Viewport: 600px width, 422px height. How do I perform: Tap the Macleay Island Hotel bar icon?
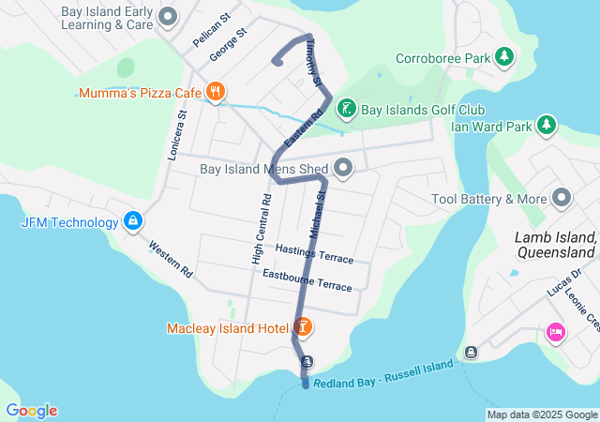click(303, 327)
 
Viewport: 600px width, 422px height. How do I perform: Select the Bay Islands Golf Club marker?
click(346, 109)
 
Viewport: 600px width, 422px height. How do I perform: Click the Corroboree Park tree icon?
click(505, 57)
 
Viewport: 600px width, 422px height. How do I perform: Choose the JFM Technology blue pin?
click(133, 221)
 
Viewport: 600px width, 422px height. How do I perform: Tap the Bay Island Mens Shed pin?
click(343, 169)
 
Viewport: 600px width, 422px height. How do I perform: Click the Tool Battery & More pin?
click(562, 198)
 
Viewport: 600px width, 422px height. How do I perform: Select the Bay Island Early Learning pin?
click(168, 16)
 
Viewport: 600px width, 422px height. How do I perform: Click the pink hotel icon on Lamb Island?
click(555, 331)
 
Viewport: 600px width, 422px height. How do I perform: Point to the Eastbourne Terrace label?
click(307, 279)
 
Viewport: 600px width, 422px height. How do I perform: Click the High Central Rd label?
click(262, 229)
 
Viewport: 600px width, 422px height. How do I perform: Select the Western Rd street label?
click(170, 261)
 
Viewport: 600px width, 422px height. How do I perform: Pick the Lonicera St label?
click(177, 135)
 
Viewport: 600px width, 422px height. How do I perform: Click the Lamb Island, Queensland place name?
click(556, 245)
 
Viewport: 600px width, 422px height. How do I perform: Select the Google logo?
click(31, 411)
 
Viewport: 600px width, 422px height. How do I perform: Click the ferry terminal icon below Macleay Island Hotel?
click(306, 362)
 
